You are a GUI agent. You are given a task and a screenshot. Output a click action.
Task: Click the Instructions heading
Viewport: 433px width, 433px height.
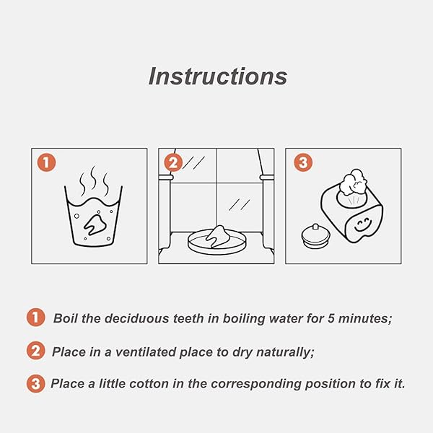(x=218, y=76)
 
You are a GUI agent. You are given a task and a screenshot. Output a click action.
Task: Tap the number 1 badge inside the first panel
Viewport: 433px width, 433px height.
(x=46, y=162)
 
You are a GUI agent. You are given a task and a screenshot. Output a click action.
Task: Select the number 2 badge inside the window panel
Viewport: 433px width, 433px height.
(x=173, y=162)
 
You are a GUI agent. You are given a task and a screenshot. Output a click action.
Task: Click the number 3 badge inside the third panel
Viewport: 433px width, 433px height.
(x=303, y=162)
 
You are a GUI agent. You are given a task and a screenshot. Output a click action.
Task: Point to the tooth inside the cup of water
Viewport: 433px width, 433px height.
(x=95, y=224)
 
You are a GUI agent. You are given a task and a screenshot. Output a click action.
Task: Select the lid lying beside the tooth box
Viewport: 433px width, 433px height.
(x=315, y=237)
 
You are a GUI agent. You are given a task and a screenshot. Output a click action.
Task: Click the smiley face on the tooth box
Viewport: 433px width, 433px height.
(x=362, y=225)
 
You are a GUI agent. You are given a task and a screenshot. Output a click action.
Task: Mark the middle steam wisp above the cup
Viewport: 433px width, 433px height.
(x=94, y=178)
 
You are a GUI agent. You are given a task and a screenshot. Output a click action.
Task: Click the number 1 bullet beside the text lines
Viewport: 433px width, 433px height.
(x=35, y=318)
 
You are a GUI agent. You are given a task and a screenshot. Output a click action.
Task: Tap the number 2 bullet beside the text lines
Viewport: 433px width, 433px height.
(x=35, y=351)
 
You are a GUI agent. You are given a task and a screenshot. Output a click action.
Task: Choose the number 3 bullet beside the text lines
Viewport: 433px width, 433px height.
(x=35, y=384)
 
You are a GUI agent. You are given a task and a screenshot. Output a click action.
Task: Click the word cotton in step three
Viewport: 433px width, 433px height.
(x=149, y=384)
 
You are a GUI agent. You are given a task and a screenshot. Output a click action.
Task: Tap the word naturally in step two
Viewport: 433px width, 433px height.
(x=285, y=353)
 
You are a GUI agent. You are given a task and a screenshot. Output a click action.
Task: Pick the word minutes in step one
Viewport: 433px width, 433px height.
(x=365, y=319)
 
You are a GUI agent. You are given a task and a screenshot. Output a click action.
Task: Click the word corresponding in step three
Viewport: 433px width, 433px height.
(x=256, y=385)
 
